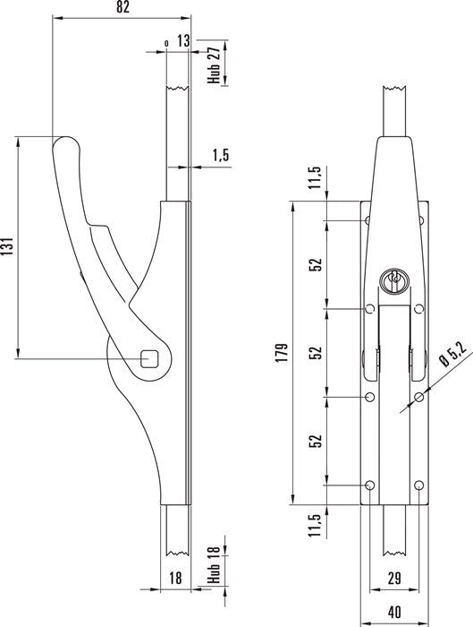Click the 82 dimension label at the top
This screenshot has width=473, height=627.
pyautogui.click(x=122, y=7)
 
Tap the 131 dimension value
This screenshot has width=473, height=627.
pyautogui.click(x=8, y=246)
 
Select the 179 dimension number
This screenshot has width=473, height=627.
pyautogui.click(x=282, y=352)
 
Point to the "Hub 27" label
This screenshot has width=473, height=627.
pyautogui.click(x=214, y=65)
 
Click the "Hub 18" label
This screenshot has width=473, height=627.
pyautogui.click(x=214, y=564)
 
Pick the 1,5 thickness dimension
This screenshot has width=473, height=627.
pyautogui.click(x=221, y=155)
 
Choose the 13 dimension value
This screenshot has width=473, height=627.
pyautogui.click(x=183, y=41)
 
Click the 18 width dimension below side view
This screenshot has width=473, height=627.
pyautogui.click(x=175, y=578)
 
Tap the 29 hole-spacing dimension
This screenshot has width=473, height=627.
pyautogui.click(x=394, y=579)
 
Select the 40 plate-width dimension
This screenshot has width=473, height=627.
pyautogui.click(x=394, y=612)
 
